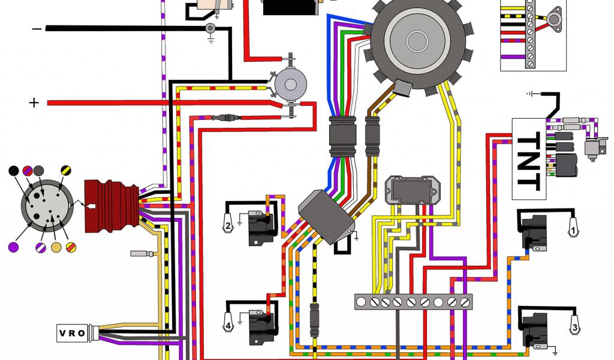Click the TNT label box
[529, 159]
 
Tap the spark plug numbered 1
[573, 227]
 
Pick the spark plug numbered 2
[228, 226]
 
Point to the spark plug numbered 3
[574, 327]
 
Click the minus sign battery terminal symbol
[37, 29]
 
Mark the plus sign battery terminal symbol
[34, 103]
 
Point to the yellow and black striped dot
[64, 172]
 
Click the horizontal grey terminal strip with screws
[413, 302]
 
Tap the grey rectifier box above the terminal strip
[411, 190]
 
